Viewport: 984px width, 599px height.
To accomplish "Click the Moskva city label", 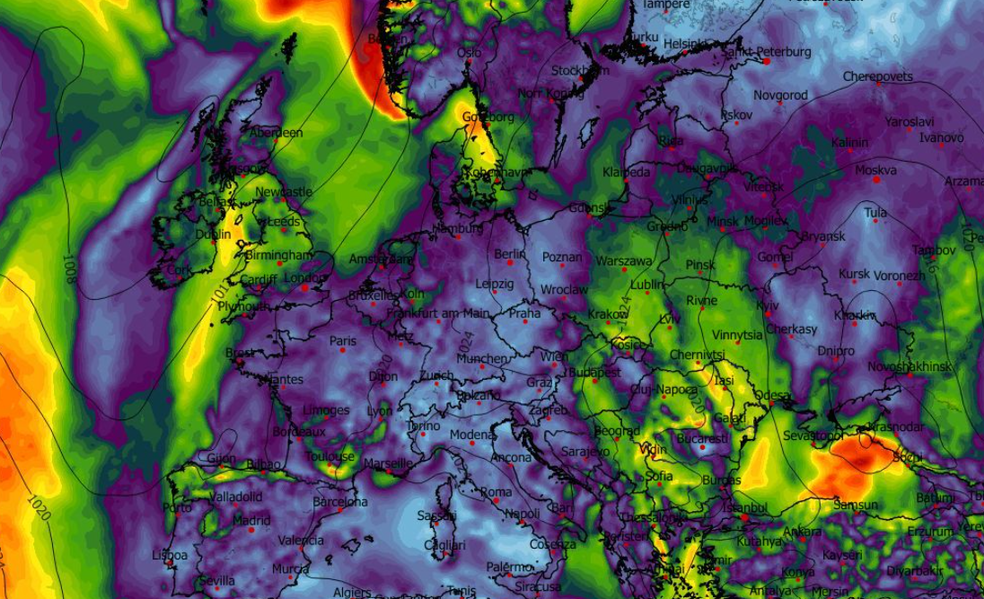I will (875, 170).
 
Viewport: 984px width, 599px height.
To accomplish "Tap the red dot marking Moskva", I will (876, 180).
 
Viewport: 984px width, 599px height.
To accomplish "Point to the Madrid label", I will (251, 520).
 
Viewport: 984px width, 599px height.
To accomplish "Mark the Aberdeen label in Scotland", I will (276, 133).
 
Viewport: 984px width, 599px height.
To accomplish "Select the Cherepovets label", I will (877, 77).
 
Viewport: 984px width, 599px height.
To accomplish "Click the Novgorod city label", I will (780, 95).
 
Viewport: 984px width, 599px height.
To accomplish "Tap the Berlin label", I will (509, 254).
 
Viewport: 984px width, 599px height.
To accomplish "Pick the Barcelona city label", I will (340, 502).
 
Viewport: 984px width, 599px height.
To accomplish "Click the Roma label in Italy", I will (496, 492).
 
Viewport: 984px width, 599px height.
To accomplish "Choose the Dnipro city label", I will (836, 351).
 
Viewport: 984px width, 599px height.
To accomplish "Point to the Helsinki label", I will (686, 43).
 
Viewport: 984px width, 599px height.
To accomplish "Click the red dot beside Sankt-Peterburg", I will (767, 61).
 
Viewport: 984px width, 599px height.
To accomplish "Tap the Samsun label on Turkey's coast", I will (856, 505).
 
